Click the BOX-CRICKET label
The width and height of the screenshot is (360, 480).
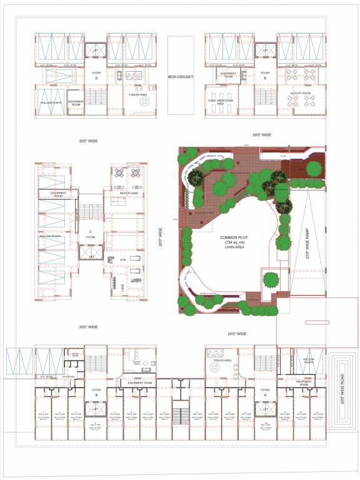point(181,77)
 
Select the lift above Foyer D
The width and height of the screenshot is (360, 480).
point(96,50)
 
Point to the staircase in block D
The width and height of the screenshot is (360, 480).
point(96,97)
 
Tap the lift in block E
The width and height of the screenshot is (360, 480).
point(265,50)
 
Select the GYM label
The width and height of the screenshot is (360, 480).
point(122,258)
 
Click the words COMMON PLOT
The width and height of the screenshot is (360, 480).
point(234,237)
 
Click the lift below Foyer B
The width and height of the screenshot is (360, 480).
point(96,409)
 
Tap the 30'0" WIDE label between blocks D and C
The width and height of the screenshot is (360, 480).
point(87,141)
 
